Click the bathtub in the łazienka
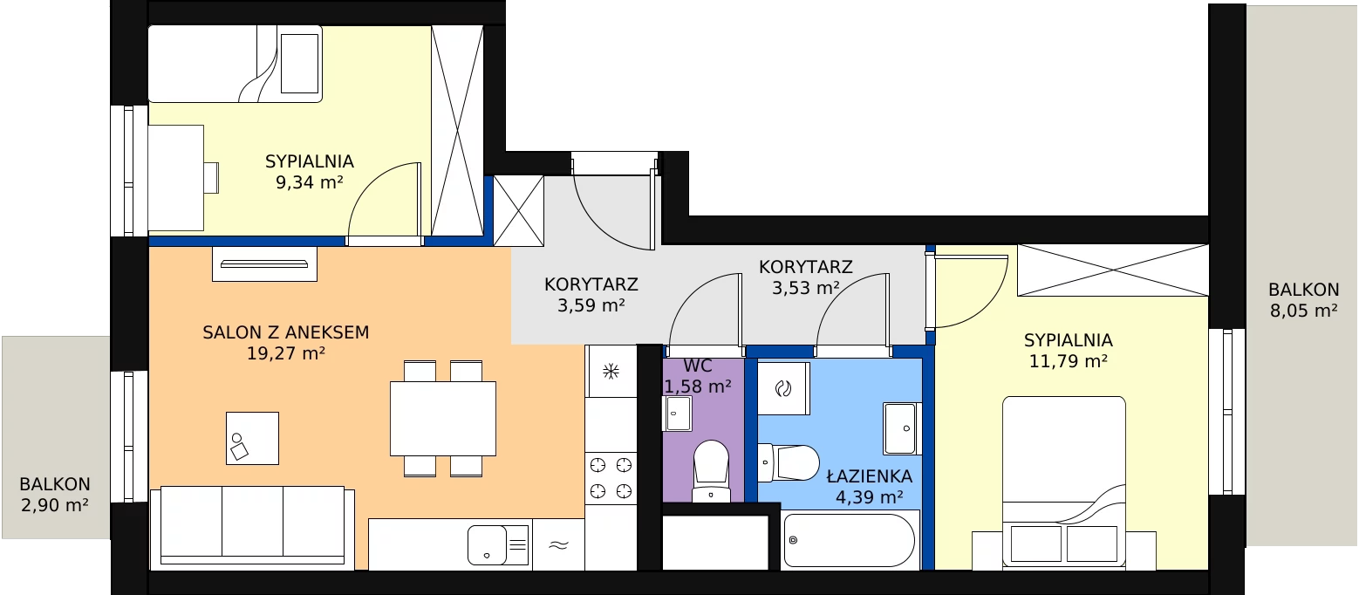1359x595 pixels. pos(850,540)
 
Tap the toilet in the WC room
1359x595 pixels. pos(711,471)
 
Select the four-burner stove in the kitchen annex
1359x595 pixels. pos(611,478)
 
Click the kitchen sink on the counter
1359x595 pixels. pos(498,544)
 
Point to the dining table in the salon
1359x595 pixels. pos(443,419)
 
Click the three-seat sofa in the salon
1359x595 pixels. pos(252,528)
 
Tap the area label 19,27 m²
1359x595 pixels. pos(286,353)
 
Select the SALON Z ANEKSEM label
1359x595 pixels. pos(286,332)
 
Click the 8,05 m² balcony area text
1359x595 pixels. pos(1304,310)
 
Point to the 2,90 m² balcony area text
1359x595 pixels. pos(55,504)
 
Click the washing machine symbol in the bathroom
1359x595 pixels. pos(783,388)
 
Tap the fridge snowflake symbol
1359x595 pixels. pos(611,371)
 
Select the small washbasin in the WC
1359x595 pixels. pos(677,413)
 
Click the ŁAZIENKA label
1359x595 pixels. pos(870,476)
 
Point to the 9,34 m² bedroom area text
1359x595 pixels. pos(310,182)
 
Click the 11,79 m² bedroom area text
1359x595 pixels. pos(1069,361)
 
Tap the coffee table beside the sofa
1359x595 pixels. pos(252,439)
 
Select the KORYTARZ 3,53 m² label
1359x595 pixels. pos(806,277)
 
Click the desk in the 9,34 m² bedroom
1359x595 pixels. pos(176,178)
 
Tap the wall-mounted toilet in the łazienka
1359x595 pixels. pos(789,462)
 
